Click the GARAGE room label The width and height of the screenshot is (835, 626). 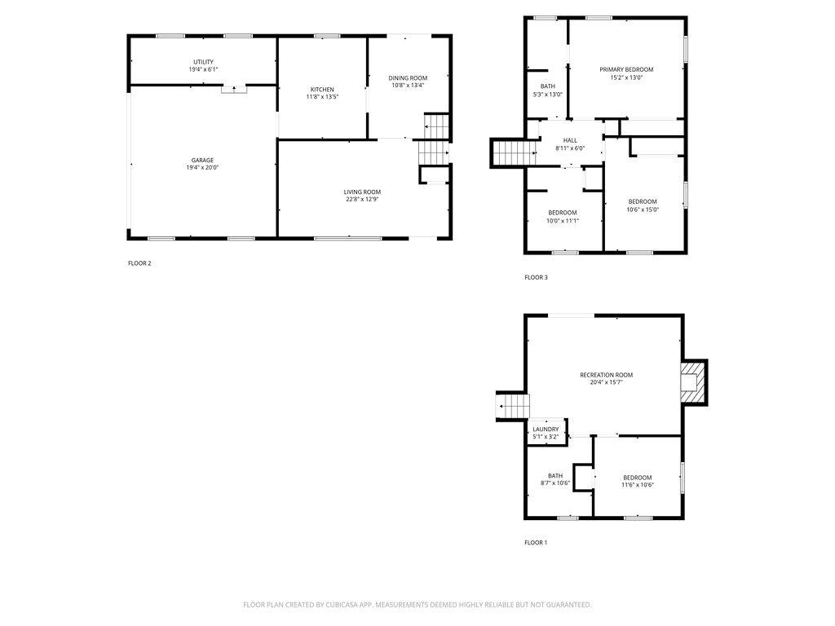coord(202,161)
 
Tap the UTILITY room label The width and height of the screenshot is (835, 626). coord(203,62)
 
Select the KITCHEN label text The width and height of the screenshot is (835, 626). coord(322,90)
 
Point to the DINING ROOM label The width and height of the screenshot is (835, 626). coord(408,78)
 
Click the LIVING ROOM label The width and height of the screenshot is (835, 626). coord(362,192)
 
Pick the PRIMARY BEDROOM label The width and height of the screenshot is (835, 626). coord(626,70)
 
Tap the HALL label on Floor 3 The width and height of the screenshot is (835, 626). coord(570,140)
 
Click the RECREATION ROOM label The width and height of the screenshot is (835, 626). coord(607,375)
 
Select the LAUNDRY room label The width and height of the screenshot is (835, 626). coord(546,430)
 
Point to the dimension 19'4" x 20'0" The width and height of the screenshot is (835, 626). coord(202,168)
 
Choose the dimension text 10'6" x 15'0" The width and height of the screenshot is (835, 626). coord(643,209)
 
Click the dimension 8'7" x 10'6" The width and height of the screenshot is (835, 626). coord(555,483)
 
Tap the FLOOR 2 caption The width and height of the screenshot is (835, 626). coord(139,263)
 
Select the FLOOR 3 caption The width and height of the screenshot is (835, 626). coord(536,277)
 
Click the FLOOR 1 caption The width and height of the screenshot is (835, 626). coord(536,543)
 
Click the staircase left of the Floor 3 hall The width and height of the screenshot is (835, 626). coord(515,152)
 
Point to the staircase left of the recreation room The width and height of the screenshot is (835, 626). coord(513,406)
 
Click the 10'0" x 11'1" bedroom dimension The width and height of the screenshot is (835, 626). coord(563,221)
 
